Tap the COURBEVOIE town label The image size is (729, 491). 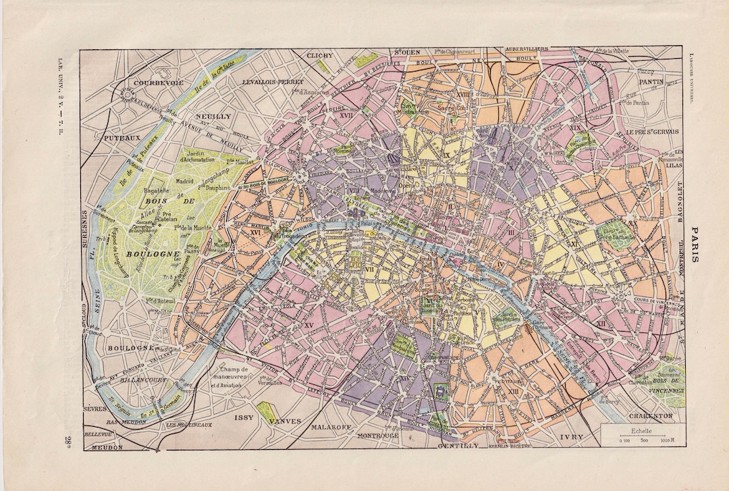(x=159, y=82)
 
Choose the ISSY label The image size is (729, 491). (x=244, y=417)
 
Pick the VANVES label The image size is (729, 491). (x=286, y=421)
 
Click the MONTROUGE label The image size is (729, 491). (x=377, y=436)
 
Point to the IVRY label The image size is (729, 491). (x=571, y=437)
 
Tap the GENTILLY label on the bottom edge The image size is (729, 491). (x=458, y=446)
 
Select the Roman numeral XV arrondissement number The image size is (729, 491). (x=309, y=326)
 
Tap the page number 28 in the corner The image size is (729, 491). (x=70, y=442)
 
